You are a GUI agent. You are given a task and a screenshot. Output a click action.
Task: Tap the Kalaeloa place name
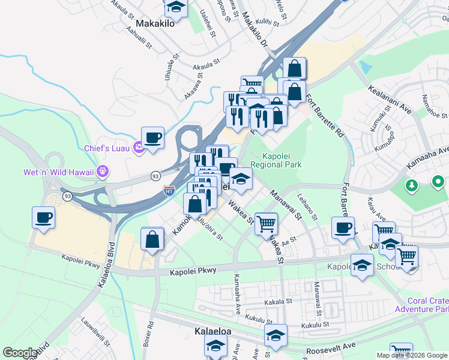pos(215,331)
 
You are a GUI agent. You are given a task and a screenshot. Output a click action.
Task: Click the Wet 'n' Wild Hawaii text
pos(59,172)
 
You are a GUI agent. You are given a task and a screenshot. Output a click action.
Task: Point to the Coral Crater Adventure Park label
pos(421,305)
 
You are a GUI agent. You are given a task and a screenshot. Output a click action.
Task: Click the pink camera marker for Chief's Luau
pos(139,147)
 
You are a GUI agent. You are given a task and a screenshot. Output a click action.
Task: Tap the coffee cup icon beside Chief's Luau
pos(153,137)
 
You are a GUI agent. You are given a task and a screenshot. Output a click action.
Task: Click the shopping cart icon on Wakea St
pos(267,224)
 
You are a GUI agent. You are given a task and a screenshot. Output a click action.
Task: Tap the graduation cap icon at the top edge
pos(175,7)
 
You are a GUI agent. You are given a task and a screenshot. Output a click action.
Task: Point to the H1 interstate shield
pos(169,191)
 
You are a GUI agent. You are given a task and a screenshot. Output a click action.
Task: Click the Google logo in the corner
pos(20,353)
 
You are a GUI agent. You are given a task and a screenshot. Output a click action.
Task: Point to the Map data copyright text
pos(412,355)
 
